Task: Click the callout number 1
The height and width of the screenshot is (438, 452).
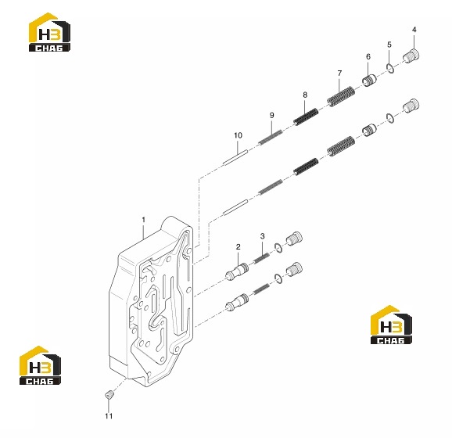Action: click(144, 220)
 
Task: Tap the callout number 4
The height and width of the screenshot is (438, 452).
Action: click(414, 30)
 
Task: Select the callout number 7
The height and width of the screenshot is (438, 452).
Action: click(339, 74)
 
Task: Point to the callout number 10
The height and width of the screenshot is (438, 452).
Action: click(238, 135)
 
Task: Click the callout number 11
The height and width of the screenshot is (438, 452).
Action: click(109, 416)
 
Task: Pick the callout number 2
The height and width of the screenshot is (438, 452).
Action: click(238, 247)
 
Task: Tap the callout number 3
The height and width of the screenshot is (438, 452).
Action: click(262, 236)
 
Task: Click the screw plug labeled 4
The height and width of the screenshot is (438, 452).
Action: click(411, 56)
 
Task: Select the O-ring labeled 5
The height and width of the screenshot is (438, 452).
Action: click(390, 68)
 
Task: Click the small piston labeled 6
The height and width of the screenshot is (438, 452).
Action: click(369, 81)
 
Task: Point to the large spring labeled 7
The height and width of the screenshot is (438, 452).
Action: click(341, 96)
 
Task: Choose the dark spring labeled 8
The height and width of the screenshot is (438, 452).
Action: click(306, 117)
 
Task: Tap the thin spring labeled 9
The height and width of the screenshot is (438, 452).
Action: click(271, 137)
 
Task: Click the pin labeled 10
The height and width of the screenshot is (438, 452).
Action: click(235, 157)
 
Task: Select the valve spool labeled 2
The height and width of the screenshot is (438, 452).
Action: click(237, 271)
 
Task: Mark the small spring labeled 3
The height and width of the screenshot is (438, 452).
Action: click(261, 258)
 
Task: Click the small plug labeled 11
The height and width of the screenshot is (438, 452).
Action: click(109, 394)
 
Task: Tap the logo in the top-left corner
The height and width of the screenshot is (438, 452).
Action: click(49, 32)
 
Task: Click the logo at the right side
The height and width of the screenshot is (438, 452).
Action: click(391, 325)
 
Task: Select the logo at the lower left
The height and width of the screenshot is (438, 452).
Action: click(40, 365)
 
